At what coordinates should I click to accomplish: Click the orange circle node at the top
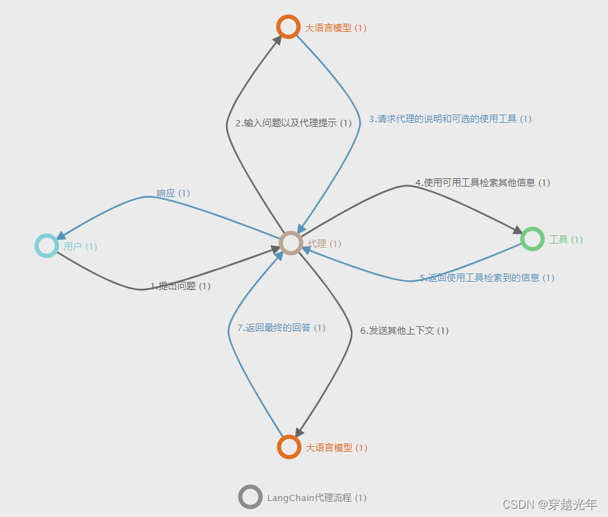[288, 26]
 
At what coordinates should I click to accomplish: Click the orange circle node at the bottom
[288, 447]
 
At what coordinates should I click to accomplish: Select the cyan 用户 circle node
[46, 246]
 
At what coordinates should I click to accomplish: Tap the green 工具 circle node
[532, 239]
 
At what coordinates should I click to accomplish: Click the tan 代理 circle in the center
[291, 243]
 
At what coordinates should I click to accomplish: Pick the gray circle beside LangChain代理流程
[250, 497]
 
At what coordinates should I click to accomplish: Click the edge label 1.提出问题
[180, 286]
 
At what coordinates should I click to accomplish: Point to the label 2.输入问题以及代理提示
[293, 124]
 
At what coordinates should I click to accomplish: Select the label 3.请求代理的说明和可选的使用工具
[449, 119]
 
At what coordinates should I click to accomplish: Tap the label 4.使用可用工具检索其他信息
[483, 183]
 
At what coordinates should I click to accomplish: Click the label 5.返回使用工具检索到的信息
[487, 278]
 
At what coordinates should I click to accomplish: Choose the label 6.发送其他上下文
[404, 330]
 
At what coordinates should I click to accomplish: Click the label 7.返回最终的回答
[281, 328]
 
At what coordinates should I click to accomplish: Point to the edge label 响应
[173, 193]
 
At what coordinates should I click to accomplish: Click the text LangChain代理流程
[316, 498]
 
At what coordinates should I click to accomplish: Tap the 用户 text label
[80, 246]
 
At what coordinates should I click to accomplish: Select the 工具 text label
[566, 239]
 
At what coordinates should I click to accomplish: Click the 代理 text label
[324, 244]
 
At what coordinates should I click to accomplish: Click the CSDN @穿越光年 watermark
[549, 504]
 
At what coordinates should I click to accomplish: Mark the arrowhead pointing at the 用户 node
[61, 236]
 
